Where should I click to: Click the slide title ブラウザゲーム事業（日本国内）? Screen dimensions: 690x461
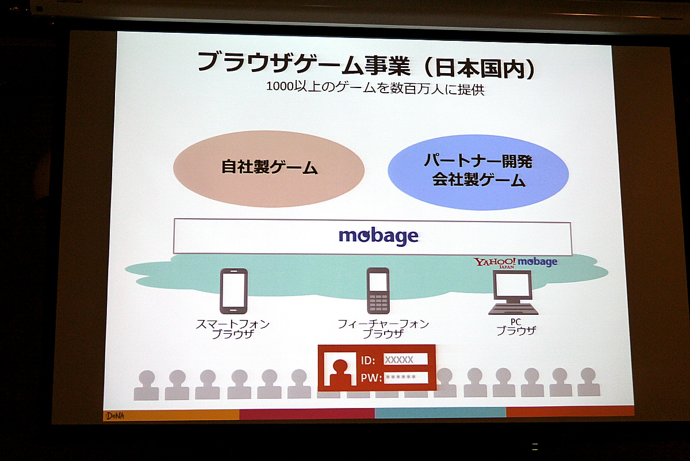[x=366, y=66]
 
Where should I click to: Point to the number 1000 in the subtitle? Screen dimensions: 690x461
[x=279, y=87]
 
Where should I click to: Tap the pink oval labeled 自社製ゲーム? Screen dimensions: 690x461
[x=269, y=169]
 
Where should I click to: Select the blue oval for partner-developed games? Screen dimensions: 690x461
[x=478, y=173]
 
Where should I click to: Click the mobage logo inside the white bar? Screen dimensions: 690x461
[x=378, y=237]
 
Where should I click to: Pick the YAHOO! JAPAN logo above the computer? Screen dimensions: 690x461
[x=494, y=262]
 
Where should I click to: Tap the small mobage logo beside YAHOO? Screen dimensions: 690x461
[x=538, y=262]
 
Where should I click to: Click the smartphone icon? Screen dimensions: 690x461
[x=233, y=291]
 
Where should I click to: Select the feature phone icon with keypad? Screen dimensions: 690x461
[x=378, y=291]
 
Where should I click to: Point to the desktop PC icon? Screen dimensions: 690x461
[x=513, y=292]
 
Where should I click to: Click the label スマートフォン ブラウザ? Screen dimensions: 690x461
[x=233, y=329]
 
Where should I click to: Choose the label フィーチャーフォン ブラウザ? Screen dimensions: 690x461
[x=383, y=329]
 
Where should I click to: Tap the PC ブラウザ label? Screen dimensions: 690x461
[x=516, y=327]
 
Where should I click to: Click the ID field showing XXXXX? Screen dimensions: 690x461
[x=405, y=360]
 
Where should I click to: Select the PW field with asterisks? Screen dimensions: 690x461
[x=406, y=378]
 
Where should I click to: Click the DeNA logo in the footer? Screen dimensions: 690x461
[x=115, y=416]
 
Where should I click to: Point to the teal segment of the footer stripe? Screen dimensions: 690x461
[x=440, y=412]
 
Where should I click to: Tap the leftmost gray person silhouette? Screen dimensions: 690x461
[x=146, y=385]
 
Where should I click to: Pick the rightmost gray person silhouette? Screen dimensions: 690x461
[x=589, y=382]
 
